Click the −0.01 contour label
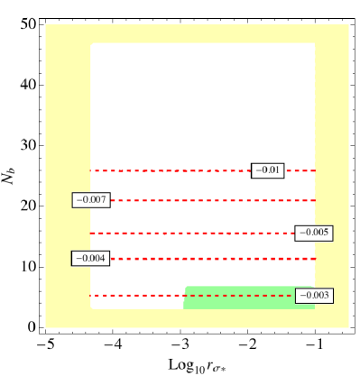(x=268, y=170)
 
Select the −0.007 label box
(x=91, y=200)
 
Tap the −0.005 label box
(x=313, y=233)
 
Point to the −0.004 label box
(x=91, y=259)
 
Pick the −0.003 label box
(x=313, y=296)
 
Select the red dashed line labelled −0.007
(x=208, y=200)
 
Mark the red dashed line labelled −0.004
(x=208, y=259)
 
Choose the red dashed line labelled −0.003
(x=144, y=295)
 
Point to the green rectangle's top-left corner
(x=185, y=288)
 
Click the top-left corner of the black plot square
(x=92, y=44)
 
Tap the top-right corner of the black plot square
(x=314, y=44)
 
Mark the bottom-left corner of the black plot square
(x=92, y=307)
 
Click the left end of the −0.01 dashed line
(x=91, y=170)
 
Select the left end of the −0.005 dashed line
(x=91, y=233)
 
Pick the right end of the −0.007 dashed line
(x=314, y=200)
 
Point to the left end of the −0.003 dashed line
(x=91, y=295)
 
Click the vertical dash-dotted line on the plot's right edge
(x=314, y=108)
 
